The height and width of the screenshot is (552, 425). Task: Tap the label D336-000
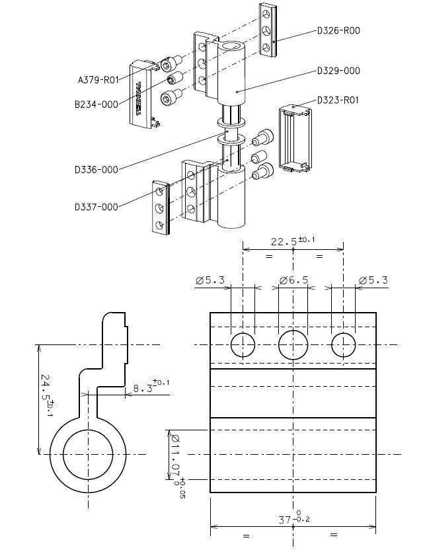click(x=97, y=170)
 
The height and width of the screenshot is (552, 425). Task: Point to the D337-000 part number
click(x=97, y=207)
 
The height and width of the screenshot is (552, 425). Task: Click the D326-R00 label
click(x=338, y=30)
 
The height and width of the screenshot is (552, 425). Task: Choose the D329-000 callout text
click(x=338, y=71)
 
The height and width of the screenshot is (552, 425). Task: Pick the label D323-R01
click(x=338, y=100)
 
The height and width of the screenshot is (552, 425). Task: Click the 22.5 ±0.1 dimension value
click(x=293, y=241)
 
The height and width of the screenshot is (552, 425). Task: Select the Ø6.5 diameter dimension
click(x=293, y=280)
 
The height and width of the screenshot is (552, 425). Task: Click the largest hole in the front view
click(x=293, y=345)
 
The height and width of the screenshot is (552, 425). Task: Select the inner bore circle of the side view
click(x=89, y=454)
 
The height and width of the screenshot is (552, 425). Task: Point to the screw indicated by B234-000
click(x=175, y=80)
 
